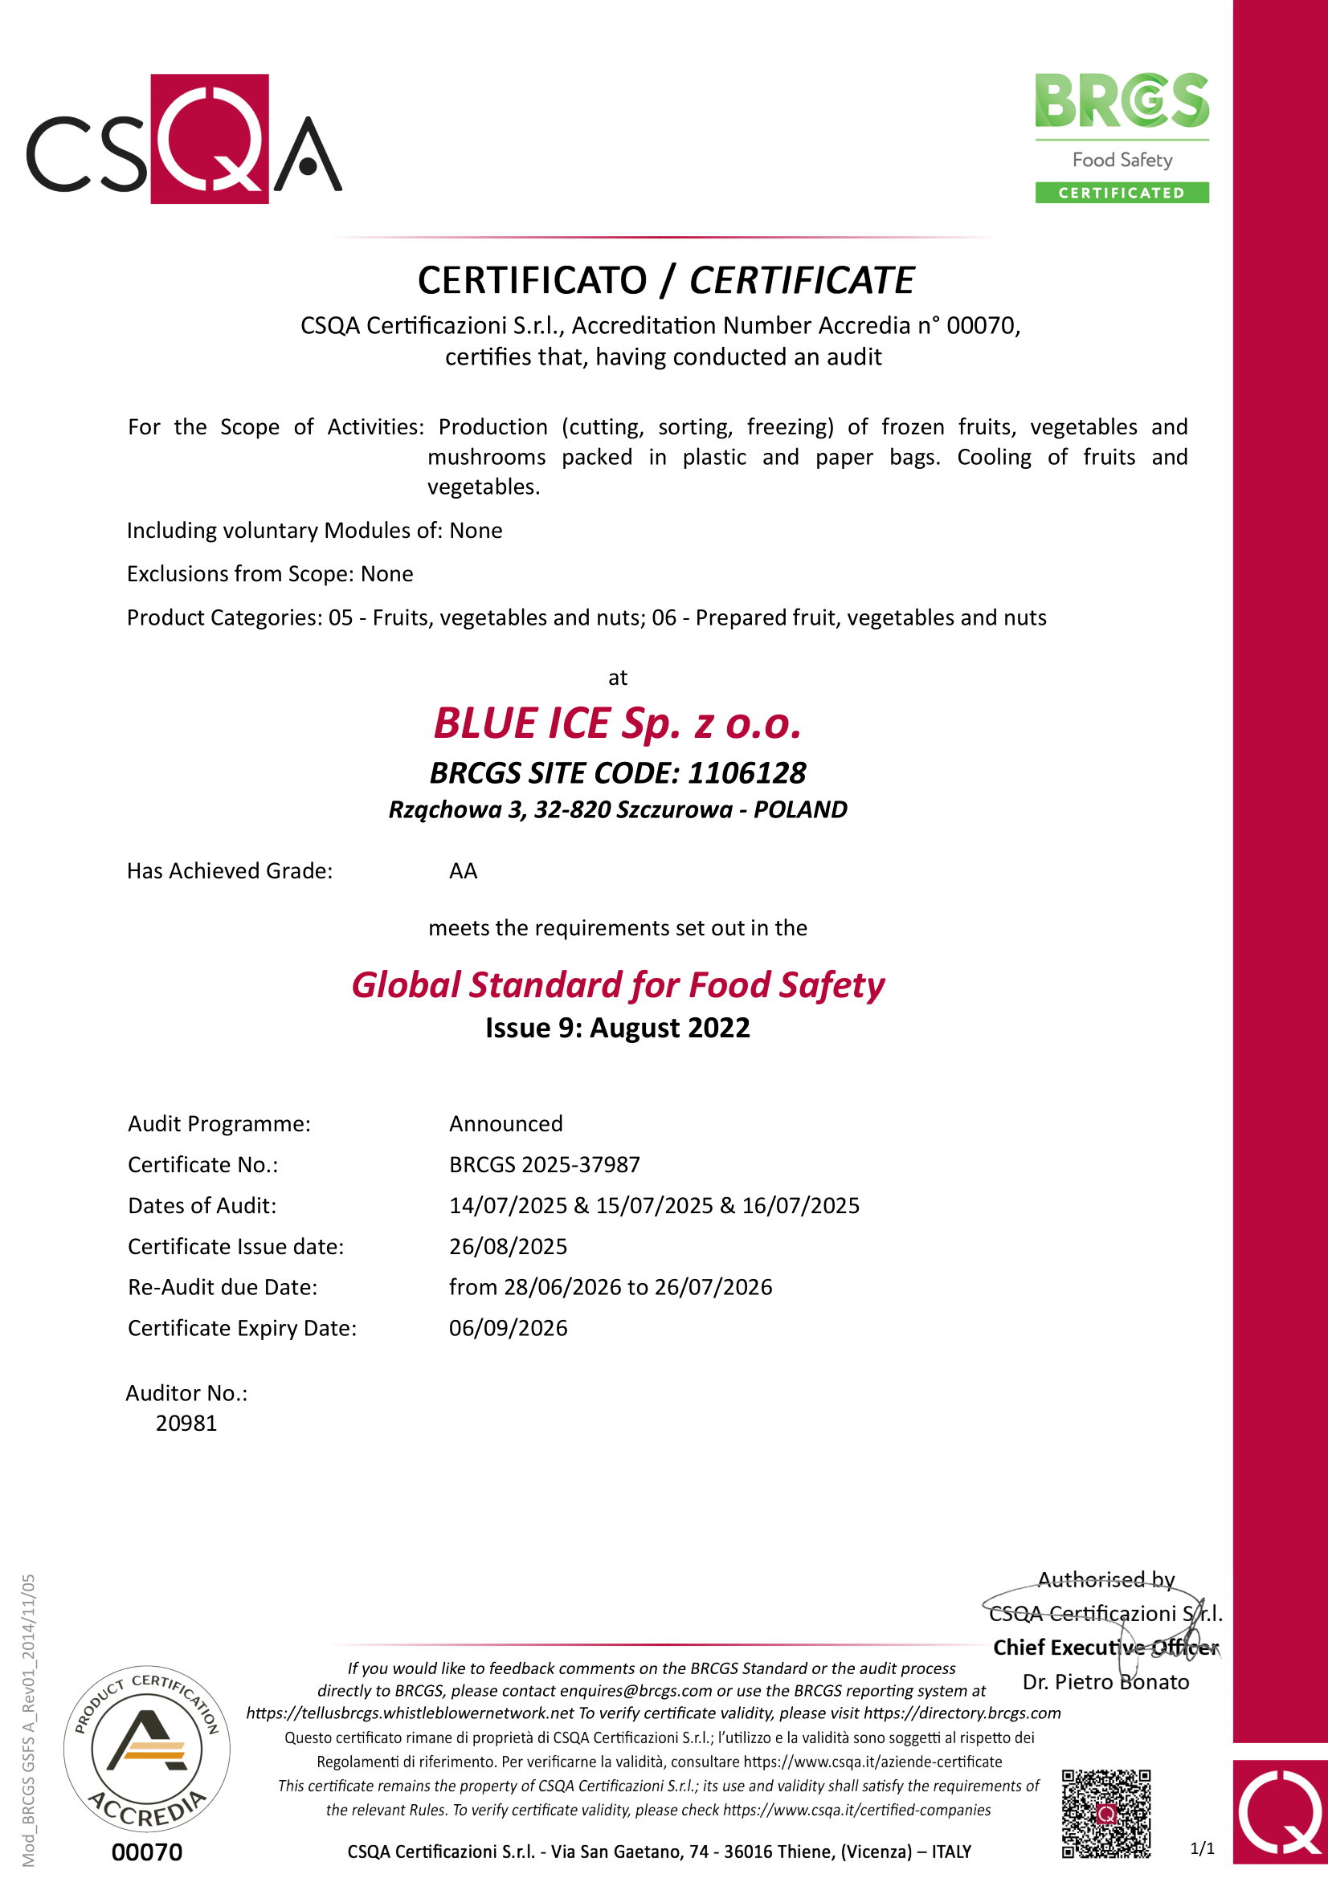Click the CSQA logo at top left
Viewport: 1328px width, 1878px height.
(x=184, y=139)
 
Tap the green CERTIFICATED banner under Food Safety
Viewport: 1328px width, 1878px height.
(x=1121, y=193)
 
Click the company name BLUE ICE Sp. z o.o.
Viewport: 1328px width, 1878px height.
(x=617, y=724)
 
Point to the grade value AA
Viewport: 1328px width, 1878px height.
(x=463, y=871)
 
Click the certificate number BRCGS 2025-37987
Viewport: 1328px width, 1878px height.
(x=544, y=1165)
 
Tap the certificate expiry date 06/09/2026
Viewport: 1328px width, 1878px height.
(x=507, y=1328)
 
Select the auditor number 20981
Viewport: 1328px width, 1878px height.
(x=186, y=1424)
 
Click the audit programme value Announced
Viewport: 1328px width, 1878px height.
(x=505, y=1124)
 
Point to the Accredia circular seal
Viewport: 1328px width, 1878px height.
(x=146, y=1750)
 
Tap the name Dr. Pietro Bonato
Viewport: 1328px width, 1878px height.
(x=1105, y=1682)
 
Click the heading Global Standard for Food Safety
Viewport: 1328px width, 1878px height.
(x=618, y=986)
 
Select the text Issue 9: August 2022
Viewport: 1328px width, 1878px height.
(x=617, y=1029)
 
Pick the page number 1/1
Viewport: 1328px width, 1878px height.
(x=1202, y=1848)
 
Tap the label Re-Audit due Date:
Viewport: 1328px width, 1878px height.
(x=223, y=1287)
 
